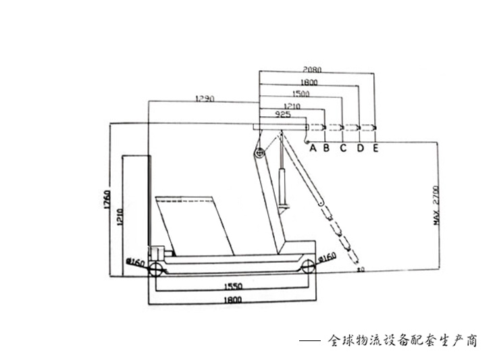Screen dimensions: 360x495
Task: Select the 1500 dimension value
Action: pyautogui.click(x=301, y=94)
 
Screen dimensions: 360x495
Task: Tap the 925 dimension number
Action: pyautogui.click(x=283, y=115)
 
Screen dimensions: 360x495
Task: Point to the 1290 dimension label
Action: pyautogui.click(x=204, y=99)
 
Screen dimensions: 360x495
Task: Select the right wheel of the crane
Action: pyautogui.click(x=308, y=267)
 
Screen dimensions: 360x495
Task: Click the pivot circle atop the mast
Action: pyautogui.click(x=257, y=153)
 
